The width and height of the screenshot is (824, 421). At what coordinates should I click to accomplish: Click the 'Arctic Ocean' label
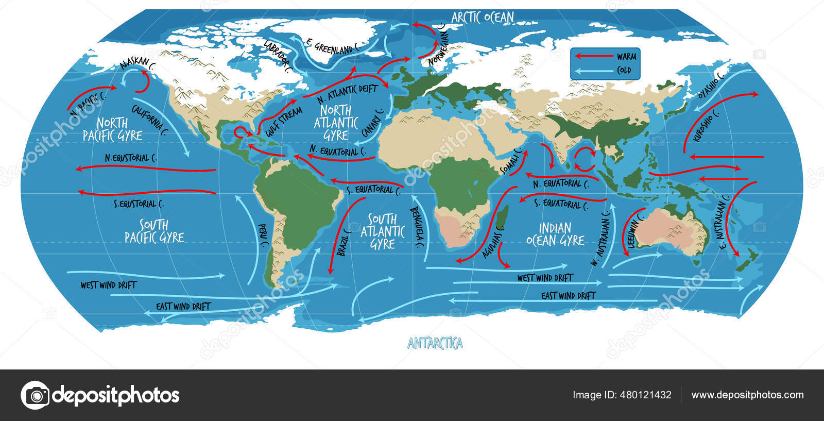483,17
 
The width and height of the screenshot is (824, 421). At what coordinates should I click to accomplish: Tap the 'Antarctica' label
435,343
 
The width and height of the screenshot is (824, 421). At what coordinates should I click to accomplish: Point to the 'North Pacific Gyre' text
112,129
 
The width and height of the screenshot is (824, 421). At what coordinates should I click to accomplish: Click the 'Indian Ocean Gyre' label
555,234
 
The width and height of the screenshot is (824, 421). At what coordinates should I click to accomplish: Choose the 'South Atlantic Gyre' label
383,232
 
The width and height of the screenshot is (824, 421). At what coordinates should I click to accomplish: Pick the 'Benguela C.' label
418,227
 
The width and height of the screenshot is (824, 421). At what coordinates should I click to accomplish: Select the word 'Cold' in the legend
624,70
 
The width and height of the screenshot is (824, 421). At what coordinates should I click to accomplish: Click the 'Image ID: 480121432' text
622,395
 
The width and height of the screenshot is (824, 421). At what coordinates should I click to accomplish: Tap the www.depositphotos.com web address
747,395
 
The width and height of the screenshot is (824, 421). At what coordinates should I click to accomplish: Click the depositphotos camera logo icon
35,395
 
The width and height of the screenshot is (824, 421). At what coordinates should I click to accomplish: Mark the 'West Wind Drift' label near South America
109,285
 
